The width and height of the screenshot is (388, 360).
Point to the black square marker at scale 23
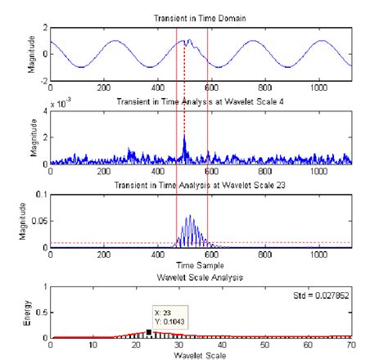point(148,331)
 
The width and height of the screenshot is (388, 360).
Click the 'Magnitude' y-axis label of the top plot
point(31,54)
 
